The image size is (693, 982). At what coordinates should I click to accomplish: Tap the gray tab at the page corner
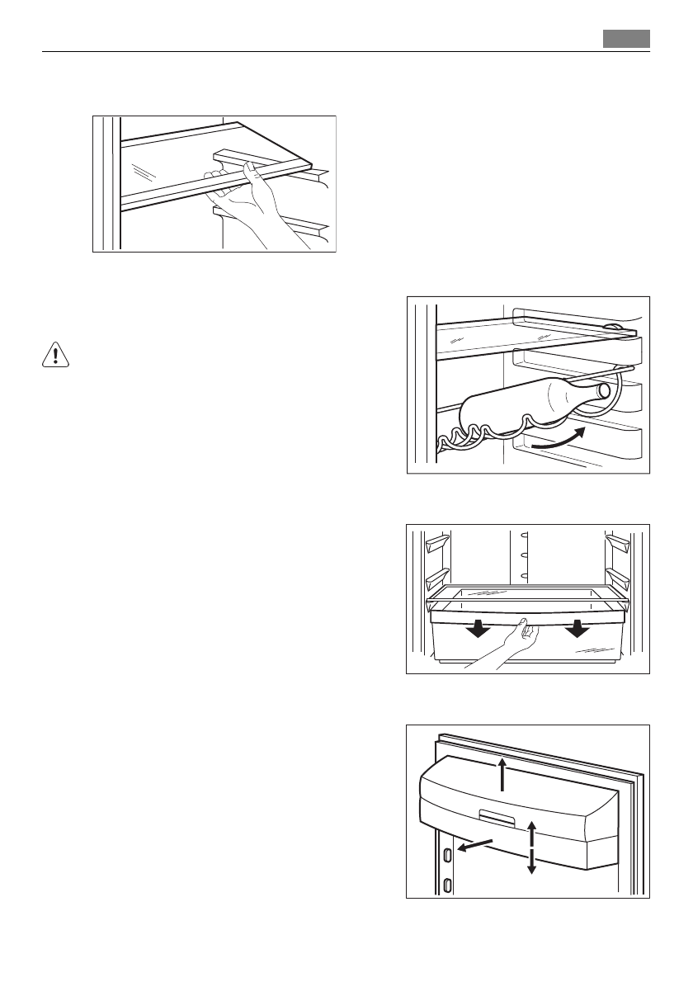[x=626, y=39]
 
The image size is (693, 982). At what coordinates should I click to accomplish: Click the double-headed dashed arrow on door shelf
[x=532, y=847]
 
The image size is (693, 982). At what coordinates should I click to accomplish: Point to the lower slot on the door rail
[x=446, y=885]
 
